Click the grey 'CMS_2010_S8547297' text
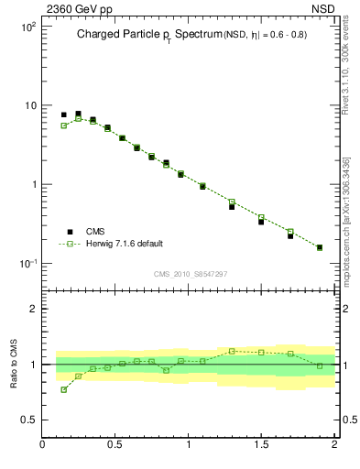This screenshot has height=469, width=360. point(190,274)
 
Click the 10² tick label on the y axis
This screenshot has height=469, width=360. point(27,27)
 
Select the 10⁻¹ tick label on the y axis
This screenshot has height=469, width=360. point(27,264)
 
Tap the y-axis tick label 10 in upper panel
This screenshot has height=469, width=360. point(29,105)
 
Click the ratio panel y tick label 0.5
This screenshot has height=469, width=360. point(27,420)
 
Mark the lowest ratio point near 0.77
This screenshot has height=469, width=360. point(64,389)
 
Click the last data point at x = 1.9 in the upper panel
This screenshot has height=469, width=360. point(320,247)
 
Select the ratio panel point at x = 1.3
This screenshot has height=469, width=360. point(232,351)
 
